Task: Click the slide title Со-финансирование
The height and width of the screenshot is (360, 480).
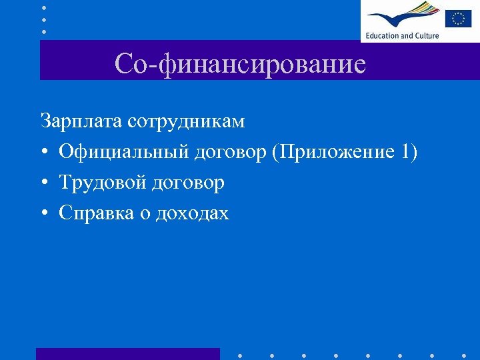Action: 240,64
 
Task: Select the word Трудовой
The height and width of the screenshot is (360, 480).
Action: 103,183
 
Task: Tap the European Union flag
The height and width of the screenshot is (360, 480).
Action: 458,18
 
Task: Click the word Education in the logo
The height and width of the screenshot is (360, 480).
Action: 381,35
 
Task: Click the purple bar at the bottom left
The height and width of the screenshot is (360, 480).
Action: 127,353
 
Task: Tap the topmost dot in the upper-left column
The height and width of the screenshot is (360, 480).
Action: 43,7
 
